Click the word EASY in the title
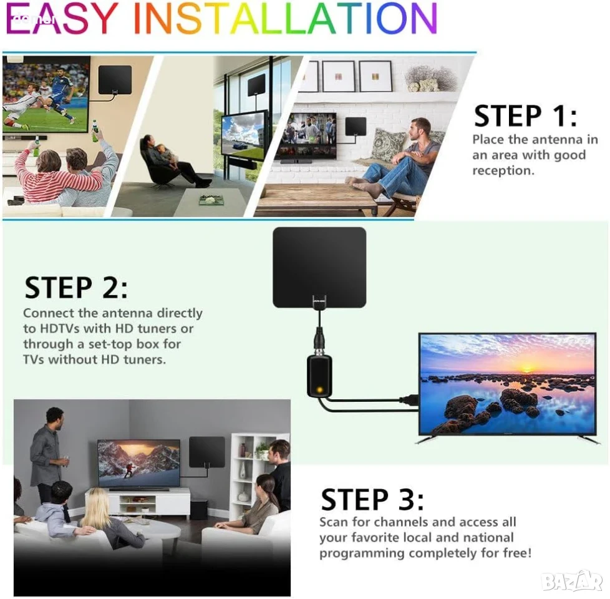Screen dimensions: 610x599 (x=62, y=18)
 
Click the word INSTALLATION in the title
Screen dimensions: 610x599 (x=286, y=18)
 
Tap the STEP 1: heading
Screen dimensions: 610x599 (x=525, y=116)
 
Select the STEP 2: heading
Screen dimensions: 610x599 (x=76, y=288)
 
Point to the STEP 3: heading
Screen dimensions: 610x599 (x=372, y=500)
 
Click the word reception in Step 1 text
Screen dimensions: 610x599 (x=502, y=171)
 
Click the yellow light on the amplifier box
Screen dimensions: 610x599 (x=319, y=389)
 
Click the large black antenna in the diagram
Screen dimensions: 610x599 (x=319, y=268)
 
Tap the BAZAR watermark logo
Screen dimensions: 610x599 (x=572, y=582)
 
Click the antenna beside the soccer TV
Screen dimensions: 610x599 (x=115, y=80)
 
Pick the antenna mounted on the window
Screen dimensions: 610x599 (x=256, y=84)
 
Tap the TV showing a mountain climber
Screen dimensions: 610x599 (x=139, y=464)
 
